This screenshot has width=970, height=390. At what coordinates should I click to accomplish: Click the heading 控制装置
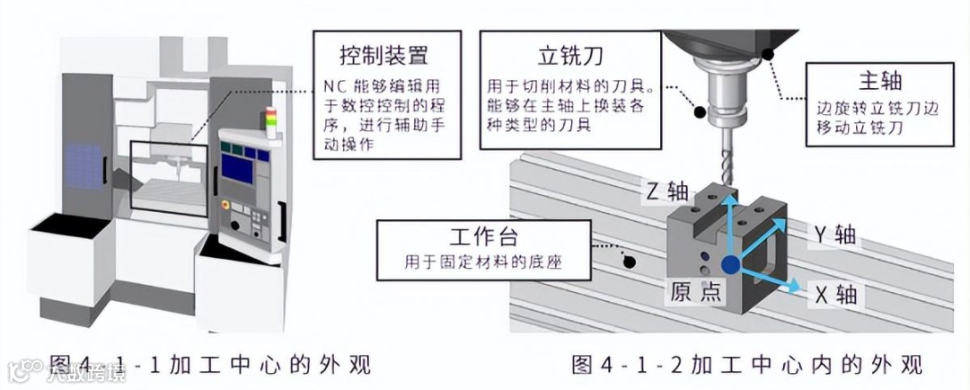click(x=384, y=55)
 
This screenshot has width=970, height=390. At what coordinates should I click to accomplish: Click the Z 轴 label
click(x=666, y=191)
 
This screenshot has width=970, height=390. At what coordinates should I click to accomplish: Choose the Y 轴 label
click(x=833, y=235)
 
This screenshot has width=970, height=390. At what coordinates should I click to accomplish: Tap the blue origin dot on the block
click(x=729, y=263)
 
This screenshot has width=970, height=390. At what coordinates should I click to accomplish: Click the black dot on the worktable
click(x=630, y=261)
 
